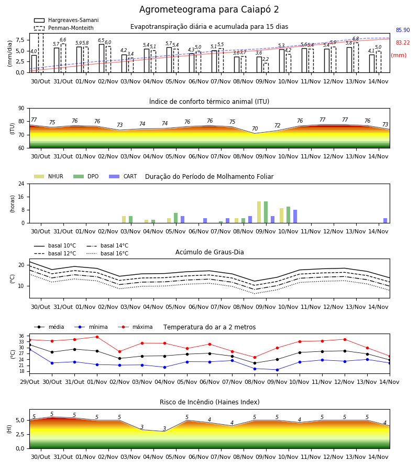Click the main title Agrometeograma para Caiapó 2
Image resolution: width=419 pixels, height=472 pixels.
click(209, 9)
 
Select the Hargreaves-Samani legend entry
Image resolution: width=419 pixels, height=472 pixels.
click(66, 20)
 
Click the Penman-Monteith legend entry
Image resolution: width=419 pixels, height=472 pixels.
click(64, 28)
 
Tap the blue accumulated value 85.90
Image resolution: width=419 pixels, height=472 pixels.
click(403, 30)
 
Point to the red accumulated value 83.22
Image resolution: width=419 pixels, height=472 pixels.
click(403, 43)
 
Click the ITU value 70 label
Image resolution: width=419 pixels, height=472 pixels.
click(255, 128)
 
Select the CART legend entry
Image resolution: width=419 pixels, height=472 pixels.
click(123, 176)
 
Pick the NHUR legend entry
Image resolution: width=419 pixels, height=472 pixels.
click(49, 176)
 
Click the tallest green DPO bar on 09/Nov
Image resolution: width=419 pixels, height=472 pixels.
click(266, 212)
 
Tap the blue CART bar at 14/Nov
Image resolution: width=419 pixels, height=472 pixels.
click(385, 221)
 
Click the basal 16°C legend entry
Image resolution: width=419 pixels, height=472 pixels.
click(107, 253)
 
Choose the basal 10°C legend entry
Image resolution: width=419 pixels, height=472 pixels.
click(55, 245)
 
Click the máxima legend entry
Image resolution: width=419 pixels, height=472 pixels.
click(135, 327)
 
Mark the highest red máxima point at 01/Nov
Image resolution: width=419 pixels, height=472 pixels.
click(97, 337)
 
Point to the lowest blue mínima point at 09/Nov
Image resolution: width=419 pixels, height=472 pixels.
click(277, 370)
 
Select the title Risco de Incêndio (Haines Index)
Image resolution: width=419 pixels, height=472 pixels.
click(210, 402)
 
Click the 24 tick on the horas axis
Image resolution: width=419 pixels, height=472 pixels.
click(21, 184)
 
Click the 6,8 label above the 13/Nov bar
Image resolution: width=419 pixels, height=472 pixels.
click(356, 38)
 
